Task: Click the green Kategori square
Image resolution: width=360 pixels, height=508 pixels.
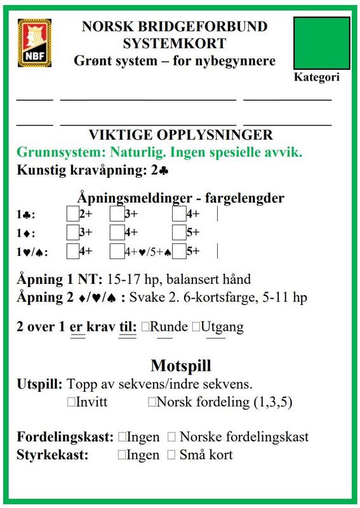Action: pyautogui.click(x=322, y=43)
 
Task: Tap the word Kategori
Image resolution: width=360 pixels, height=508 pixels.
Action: pyautogui.click(x=317, y=77)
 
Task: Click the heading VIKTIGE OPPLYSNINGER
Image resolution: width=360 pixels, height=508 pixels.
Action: pyautogui.click(x=180, y=135)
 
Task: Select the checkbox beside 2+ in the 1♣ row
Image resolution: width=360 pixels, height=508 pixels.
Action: pyautogui.click(x=72, y=215)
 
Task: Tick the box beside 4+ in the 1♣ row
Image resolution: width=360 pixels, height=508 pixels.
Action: pyautogui.click(x=178, y=215)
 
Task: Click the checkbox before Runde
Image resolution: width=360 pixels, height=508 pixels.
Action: pyautogui.click(x=145, y=327)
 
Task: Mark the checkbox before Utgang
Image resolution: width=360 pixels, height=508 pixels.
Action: pyautogui.click(x=196, y=327)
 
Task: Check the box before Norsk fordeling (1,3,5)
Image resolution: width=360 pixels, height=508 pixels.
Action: pyautogui.click(x=151, y=402)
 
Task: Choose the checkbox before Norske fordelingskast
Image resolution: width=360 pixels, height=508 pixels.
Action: pyautogui.click(x=171, y=438)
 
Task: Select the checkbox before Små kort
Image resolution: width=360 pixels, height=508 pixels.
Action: pyautogui.click(x=171, y=455)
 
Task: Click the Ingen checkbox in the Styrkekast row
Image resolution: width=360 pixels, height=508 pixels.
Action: pyautogui.click(x=122, y=455)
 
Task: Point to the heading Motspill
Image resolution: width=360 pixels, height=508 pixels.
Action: pyautogui.click(x=180, y=366)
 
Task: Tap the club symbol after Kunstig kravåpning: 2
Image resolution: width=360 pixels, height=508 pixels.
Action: pyautogui.click(x=164, y=171)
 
